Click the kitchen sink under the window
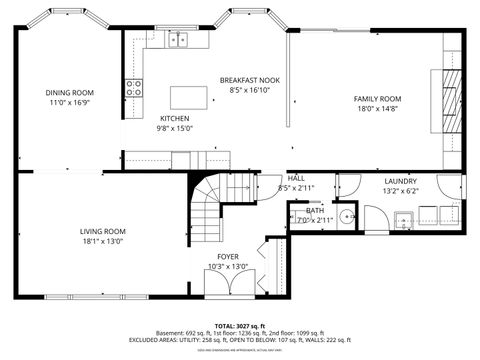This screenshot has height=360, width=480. [x=179, y=40]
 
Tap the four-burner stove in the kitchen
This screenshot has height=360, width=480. [x=131, y=87]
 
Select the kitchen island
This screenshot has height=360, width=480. [x=186, y=96]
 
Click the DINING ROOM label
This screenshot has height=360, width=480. [x=68, y=93]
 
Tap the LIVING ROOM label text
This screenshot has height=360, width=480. [x=103, y=232]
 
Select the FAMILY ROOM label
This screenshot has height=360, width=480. [x=377, y=98]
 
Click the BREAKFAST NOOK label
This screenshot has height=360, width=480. [x=250, y=79]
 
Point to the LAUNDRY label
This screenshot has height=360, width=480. [x=400, y=181]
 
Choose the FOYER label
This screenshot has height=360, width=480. [x=228, y=256]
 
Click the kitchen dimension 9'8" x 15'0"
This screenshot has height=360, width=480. [x=174, y=128]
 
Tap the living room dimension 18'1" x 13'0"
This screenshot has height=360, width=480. [x=103, y=242]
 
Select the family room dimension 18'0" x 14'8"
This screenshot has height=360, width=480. [x=377, y=108]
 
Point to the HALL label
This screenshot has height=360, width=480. [x=296, y=177]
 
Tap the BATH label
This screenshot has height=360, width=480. [x=315, y=210]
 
